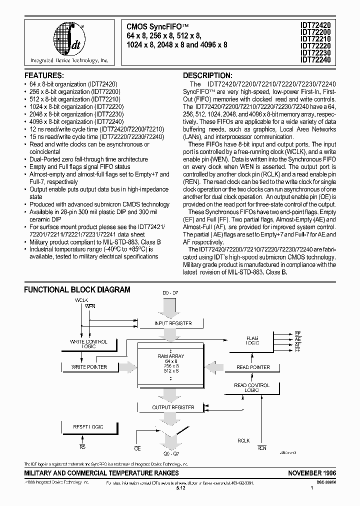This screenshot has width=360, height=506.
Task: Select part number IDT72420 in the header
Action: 316,23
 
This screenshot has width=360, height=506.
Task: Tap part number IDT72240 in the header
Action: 316,59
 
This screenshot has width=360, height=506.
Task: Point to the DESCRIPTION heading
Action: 207,75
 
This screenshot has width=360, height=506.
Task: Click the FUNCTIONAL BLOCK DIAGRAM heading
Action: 77,289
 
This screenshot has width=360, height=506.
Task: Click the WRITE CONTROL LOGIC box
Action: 89,344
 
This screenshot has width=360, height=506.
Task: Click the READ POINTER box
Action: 253,367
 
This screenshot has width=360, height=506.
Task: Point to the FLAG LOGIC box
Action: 252,341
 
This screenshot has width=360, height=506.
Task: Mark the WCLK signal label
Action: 81,299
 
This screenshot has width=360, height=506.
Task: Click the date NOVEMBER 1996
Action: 312,473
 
